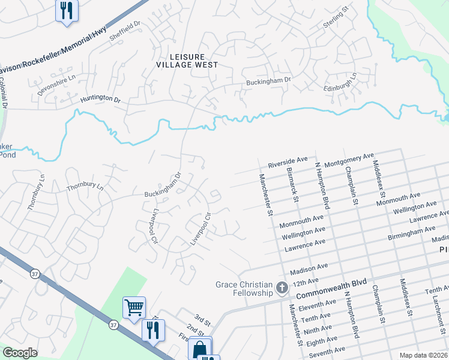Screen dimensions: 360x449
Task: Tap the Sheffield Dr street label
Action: [124, 32]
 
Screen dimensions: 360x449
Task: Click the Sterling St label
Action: [337, 16]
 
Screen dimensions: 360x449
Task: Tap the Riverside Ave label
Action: [288, 163]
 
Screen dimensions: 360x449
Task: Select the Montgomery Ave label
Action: [349, 160]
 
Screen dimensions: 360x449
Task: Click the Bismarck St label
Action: [292, 185]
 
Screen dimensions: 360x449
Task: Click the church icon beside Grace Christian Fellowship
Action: [282, 289]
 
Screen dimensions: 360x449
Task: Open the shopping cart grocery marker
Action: [134, 307]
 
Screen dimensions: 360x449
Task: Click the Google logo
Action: [20, 353]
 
